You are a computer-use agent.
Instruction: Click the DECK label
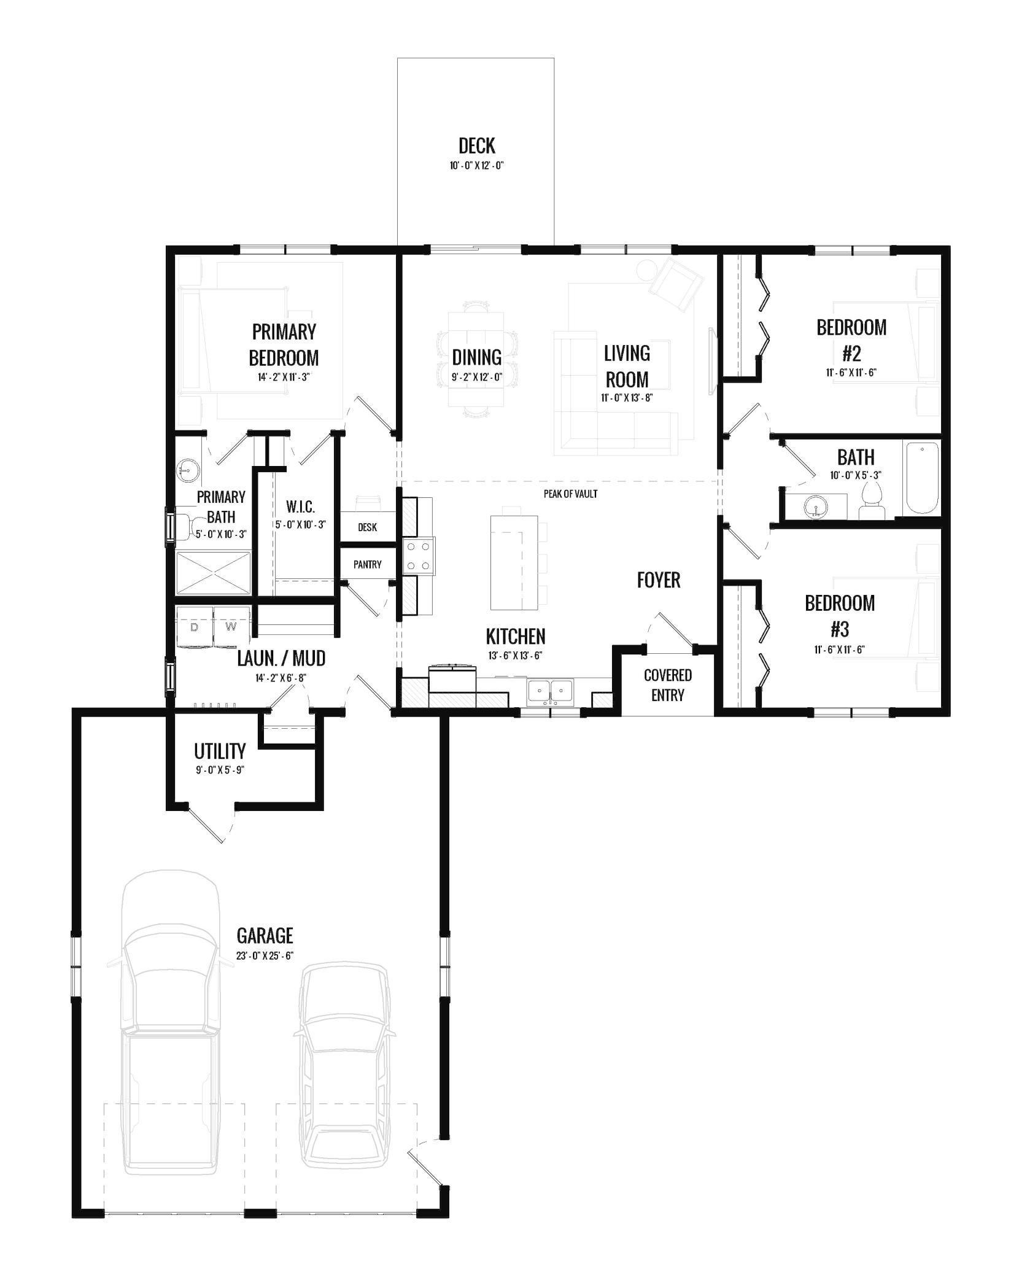point(476,146)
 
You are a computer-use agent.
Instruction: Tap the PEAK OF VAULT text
point(570,494)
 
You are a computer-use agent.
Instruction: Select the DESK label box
point(367,527)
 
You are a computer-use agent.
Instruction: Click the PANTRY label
point(367,564)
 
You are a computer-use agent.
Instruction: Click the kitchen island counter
point(514,563)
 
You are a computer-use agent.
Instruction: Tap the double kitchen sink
point(550,691)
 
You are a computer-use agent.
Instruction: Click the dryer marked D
point(195,627)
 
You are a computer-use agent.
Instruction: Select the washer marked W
point(231,627)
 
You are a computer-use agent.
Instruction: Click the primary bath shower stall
point(214,573)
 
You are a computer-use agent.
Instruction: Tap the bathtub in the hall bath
point(921,478)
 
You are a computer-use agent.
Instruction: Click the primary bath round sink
point(188,471)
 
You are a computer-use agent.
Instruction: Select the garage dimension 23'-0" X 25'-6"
point(265,956)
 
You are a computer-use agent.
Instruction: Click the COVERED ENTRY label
point(668,685)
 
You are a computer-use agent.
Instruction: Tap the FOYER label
point(658,580)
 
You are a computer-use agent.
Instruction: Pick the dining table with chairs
point(478,359)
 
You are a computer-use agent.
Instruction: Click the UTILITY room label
point(220,751)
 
